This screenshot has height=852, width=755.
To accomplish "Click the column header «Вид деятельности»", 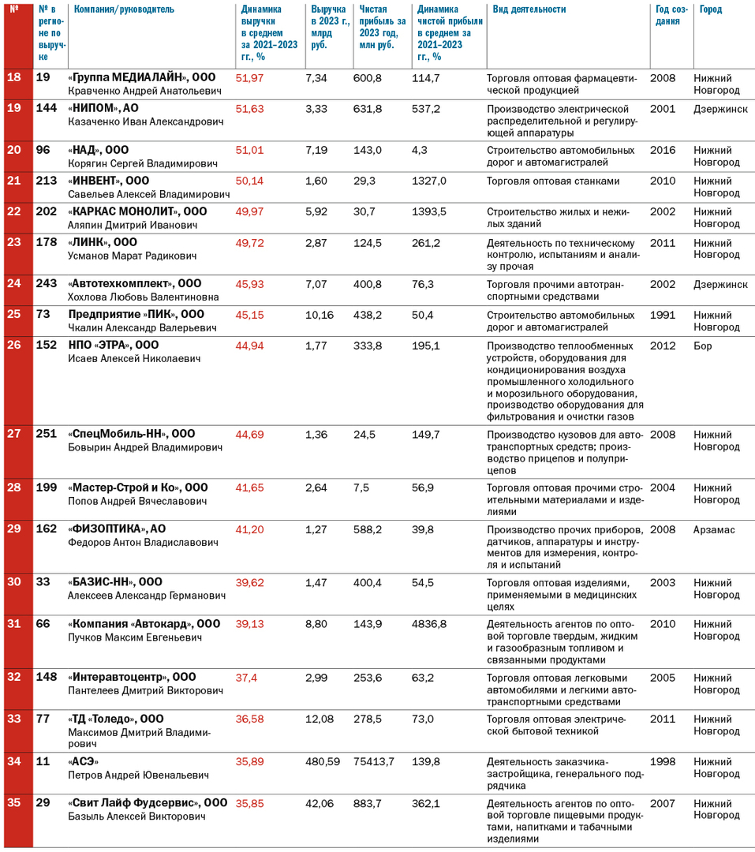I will tap(529, 9).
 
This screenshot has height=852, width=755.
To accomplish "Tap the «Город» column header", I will tap(711, 9).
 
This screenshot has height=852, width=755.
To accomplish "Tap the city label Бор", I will tap(703, 346).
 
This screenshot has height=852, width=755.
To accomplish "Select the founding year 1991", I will tap(663, 315).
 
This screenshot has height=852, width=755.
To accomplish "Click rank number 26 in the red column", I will tap(14, 345).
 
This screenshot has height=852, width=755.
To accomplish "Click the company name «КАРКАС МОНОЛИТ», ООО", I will tap(138, 211).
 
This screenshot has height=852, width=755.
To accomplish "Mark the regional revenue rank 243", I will tap(47, 283).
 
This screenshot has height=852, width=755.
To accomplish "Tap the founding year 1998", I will tap(663, 761).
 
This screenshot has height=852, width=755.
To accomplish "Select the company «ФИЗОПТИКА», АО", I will tap(117, 529).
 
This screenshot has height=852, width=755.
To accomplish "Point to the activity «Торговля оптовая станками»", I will tap(553, 181).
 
